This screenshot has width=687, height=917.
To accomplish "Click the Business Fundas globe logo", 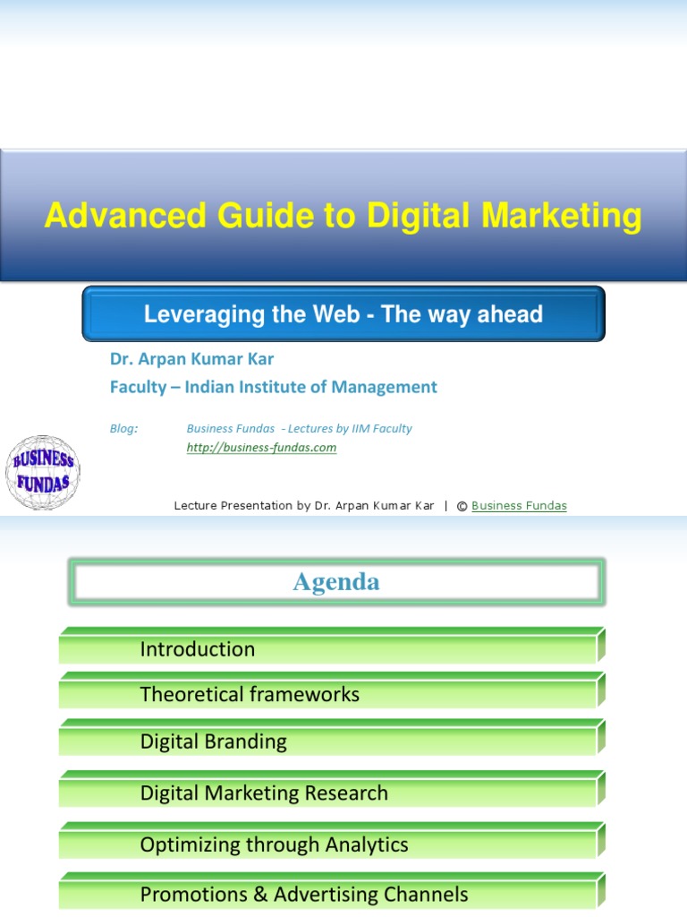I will click(x=43, y=472).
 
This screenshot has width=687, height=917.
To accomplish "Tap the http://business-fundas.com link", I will click(x=261, y=448).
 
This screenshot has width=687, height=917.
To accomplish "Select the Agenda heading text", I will click(x=336, y=582).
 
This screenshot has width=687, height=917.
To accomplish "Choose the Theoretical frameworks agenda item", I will click(x=250, y=694).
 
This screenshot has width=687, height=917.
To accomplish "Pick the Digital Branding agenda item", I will click(x=214, y=741).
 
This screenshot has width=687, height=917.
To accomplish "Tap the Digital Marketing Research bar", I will click(x=264, y=793).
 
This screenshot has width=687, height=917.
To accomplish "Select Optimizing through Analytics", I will click(x=274, y=844).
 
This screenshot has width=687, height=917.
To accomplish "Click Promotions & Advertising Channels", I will click(x=304, y=894).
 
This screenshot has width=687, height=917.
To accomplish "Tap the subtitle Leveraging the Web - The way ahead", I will click(x=343, y=314).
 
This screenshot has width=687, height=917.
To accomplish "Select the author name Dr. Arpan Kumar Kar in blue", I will click(x=191, y=359).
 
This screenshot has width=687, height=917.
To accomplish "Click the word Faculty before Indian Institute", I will click(x=138, y=387).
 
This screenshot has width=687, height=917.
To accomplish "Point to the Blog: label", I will click(x=124, y=429).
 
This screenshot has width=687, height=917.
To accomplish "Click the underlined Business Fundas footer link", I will click(x=519, y=506).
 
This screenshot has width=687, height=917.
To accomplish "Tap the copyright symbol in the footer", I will click(x=462, y=506).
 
